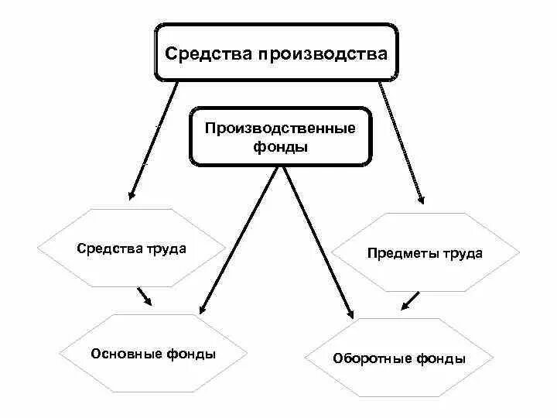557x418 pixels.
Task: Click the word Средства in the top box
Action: pos(208,55)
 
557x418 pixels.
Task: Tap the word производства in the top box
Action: pos(322,55)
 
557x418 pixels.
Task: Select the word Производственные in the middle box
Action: pos(280,128)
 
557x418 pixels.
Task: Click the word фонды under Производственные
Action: pos(280,146)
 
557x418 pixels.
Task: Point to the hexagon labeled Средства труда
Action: pos(132,248)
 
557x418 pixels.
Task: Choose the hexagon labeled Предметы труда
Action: pos(425,253)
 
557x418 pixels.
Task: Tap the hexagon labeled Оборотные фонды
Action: pos(398,358)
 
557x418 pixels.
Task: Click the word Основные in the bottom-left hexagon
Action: pos(125,354)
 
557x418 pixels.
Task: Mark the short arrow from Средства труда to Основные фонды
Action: pos(145,296)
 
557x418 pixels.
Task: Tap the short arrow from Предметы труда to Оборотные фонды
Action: pos(411,300)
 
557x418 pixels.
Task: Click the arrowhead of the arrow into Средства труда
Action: pos(133,194)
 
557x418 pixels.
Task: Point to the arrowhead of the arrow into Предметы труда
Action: pos(421,197)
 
